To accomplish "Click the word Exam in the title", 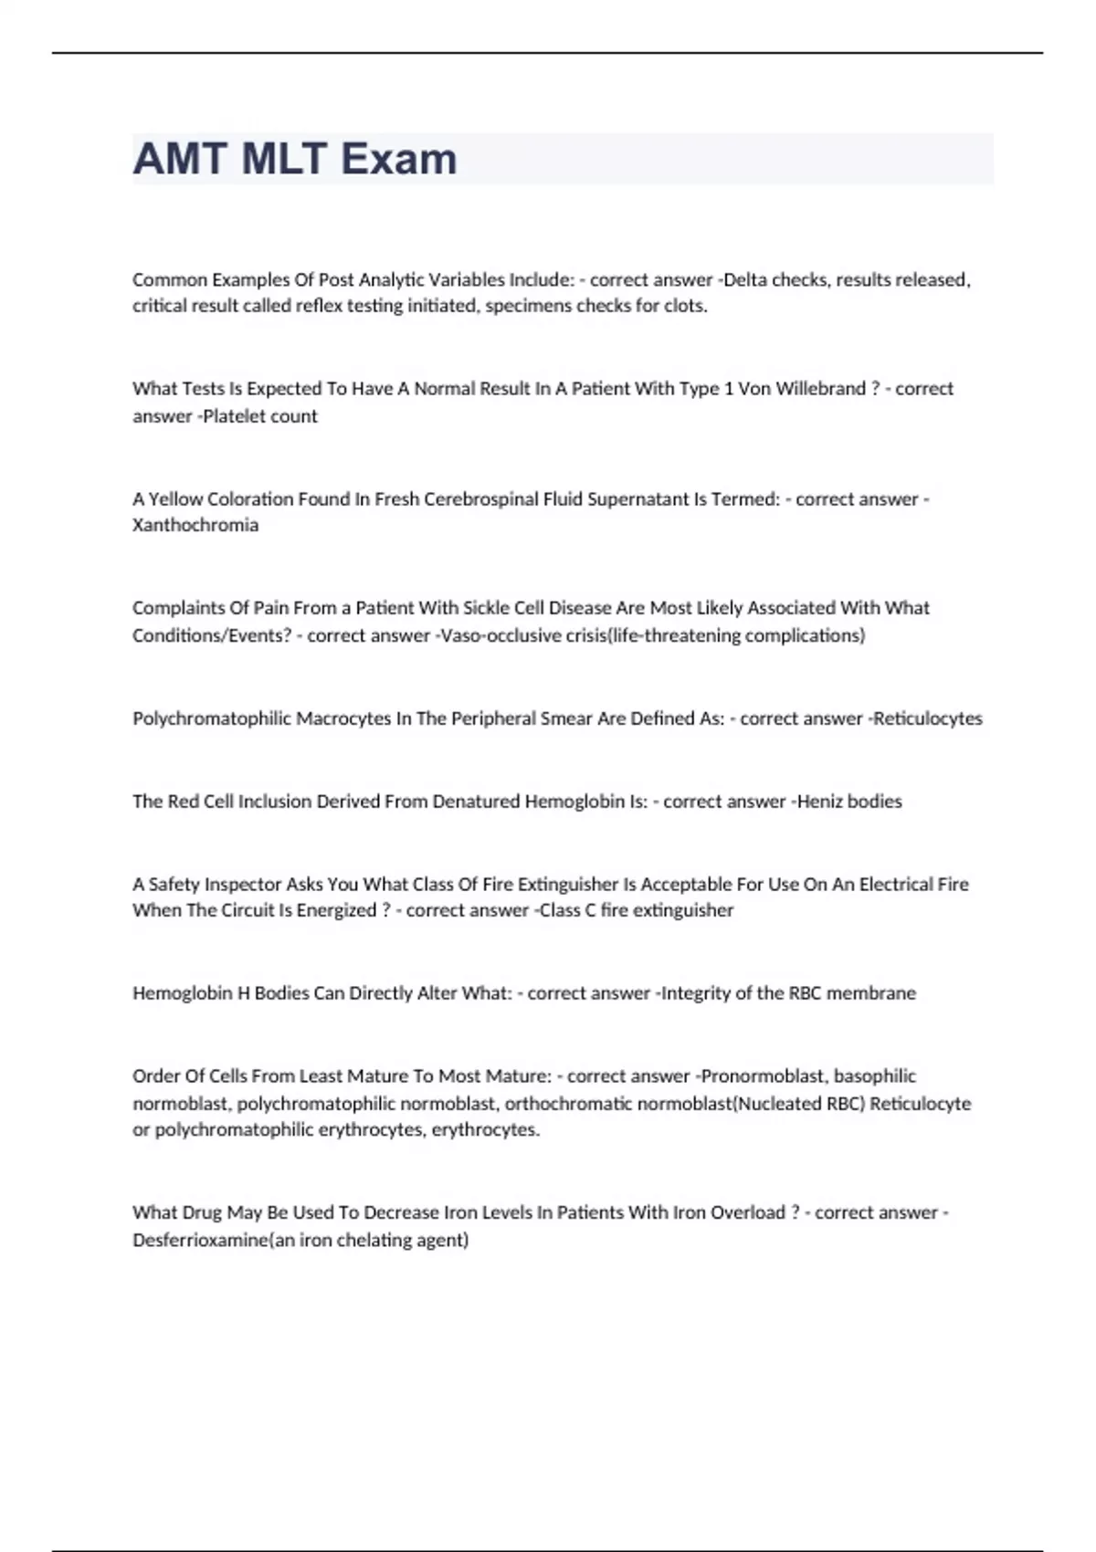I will pos(399,159).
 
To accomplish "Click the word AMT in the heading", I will pos(180,159).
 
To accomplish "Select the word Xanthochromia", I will pos(195,525).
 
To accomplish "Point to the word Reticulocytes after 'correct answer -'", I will pos(928,718).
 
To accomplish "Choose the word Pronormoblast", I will pos(763,1076).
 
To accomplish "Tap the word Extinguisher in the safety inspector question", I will pos(567,884).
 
